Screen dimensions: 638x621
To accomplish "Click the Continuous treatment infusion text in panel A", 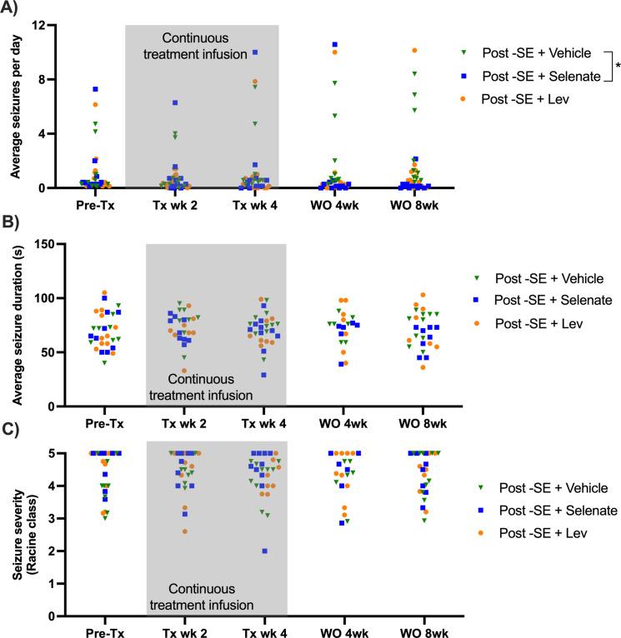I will click(202, 47).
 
